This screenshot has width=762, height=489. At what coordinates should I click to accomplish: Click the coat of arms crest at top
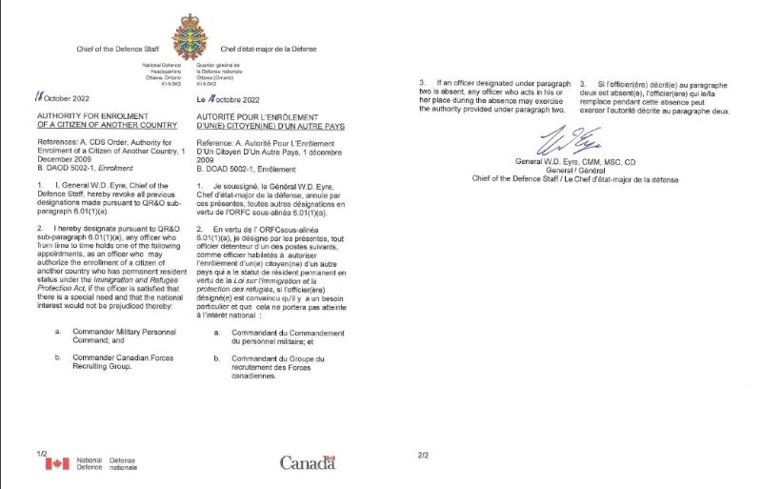click(189, 38)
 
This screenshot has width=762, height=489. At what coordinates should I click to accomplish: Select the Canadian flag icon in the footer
click(57, 464)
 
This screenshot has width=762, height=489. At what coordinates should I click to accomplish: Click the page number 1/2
click(41, 453)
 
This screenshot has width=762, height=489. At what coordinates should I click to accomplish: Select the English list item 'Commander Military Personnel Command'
click(129, 336)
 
